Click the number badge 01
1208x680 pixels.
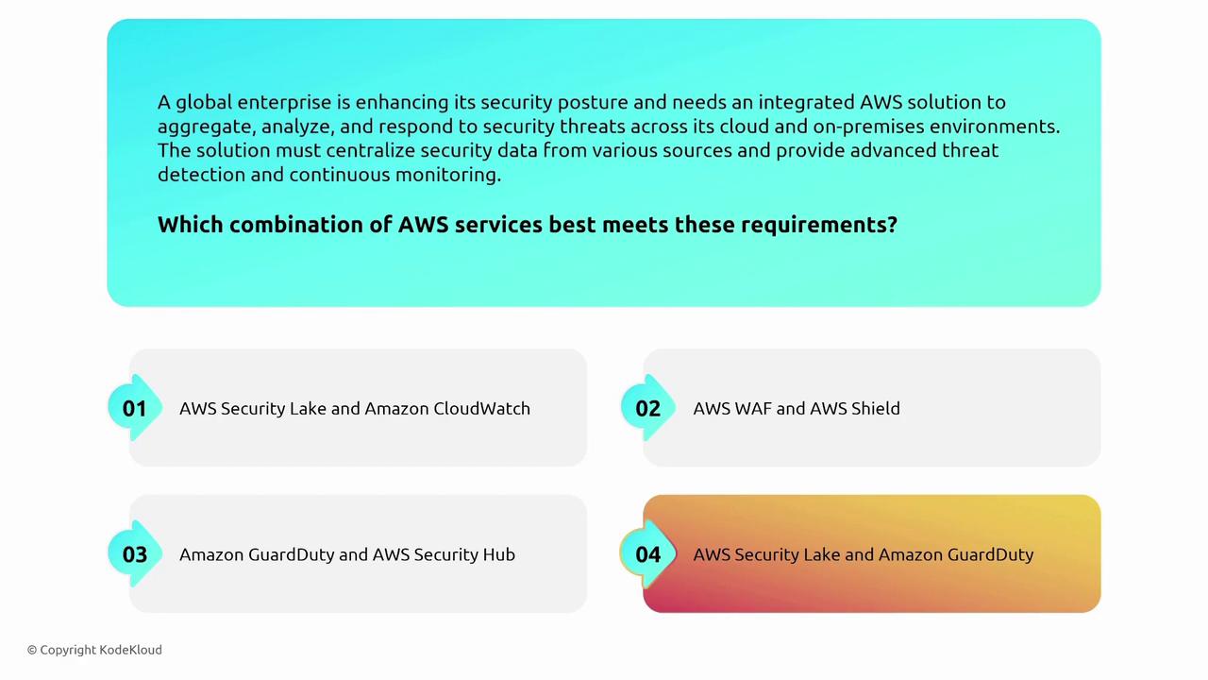click(135, 408)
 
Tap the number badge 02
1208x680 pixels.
click(647, 408)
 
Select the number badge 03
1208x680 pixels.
click(135, 554)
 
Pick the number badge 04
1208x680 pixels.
click(647, 554)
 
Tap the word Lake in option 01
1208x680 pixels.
click(308, 409)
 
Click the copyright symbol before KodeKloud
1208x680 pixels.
click(32, 650)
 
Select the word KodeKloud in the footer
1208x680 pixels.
click(130, 650)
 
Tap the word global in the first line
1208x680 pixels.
click(204, 103)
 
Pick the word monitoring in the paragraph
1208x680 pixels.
click(448, 176)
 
